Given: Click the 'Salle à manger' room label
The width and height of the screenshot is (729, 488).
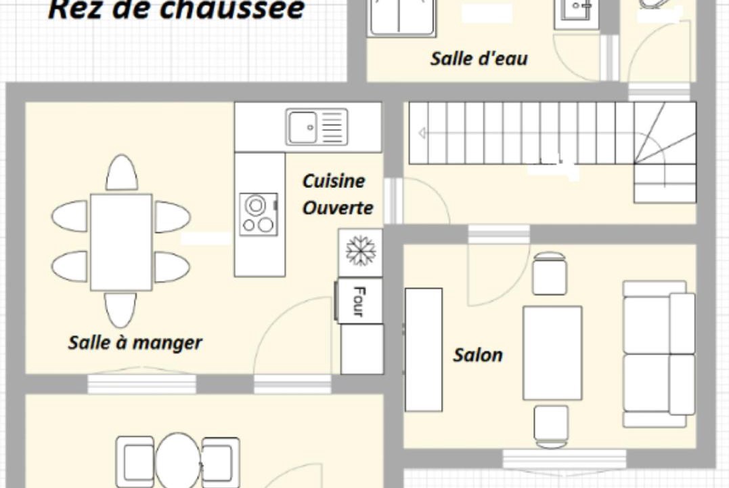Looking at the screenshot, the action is click(x=135, y=343).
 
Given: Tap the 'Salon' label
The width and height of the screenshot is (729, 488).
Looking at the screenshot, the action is click(x=478, y=355).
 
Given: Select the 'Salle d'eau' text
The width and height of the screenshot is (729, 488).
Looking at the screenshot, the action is click(x=479, y=59).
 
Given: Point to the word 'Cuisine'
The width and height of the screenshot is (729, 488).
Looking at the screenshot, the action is click(x=334, y=181).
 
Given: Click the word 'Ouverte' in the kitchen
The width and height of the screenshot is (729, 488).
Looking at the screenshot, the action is click(x=338, y=207).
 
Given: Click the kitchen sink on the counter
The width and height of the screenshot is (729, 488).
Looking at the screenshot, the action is click(x=317, y=127).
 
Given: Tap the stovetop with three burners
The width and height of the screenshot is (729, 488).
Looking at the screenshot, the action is click(x=259, y=214).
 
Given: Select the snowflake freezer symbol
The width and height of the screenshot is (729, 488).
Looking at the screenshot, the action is click(x=360, y=251).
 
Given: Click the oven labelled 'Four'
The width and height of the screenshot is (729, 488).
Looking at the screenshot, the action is click(x=359, y=301).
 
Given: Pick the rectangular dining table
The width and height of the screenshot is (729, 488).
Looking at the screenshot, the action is click(x=121, y=242).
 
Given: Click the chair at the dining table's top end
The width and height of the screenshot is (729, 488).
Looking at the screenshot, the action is click(x=122, y=173).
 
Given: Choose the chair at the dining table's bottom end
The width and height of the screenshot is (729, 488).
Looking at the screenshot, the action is click(x=120, y=310).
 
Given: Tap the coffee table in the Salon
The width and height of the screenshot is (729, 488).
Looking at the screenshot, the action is click(x=552, y=353).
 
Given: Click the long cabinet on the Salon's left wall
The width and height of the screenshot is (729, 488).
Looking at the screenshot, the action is click(x=424, y=350).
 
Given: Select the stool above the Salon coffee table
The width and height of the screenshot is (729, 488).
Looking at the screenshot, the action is click(x=550, y=274).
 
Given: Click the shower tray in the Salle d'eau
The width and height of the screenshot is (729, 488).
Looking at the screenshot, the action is click(x=401, y=18).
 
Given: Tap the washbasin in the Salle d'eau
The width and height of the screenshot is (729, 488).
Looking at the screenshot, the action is click(x=577, y=11).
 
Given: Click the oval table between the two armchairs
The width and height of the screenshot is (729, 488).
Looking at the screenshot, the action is click(x=177, y=459).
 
